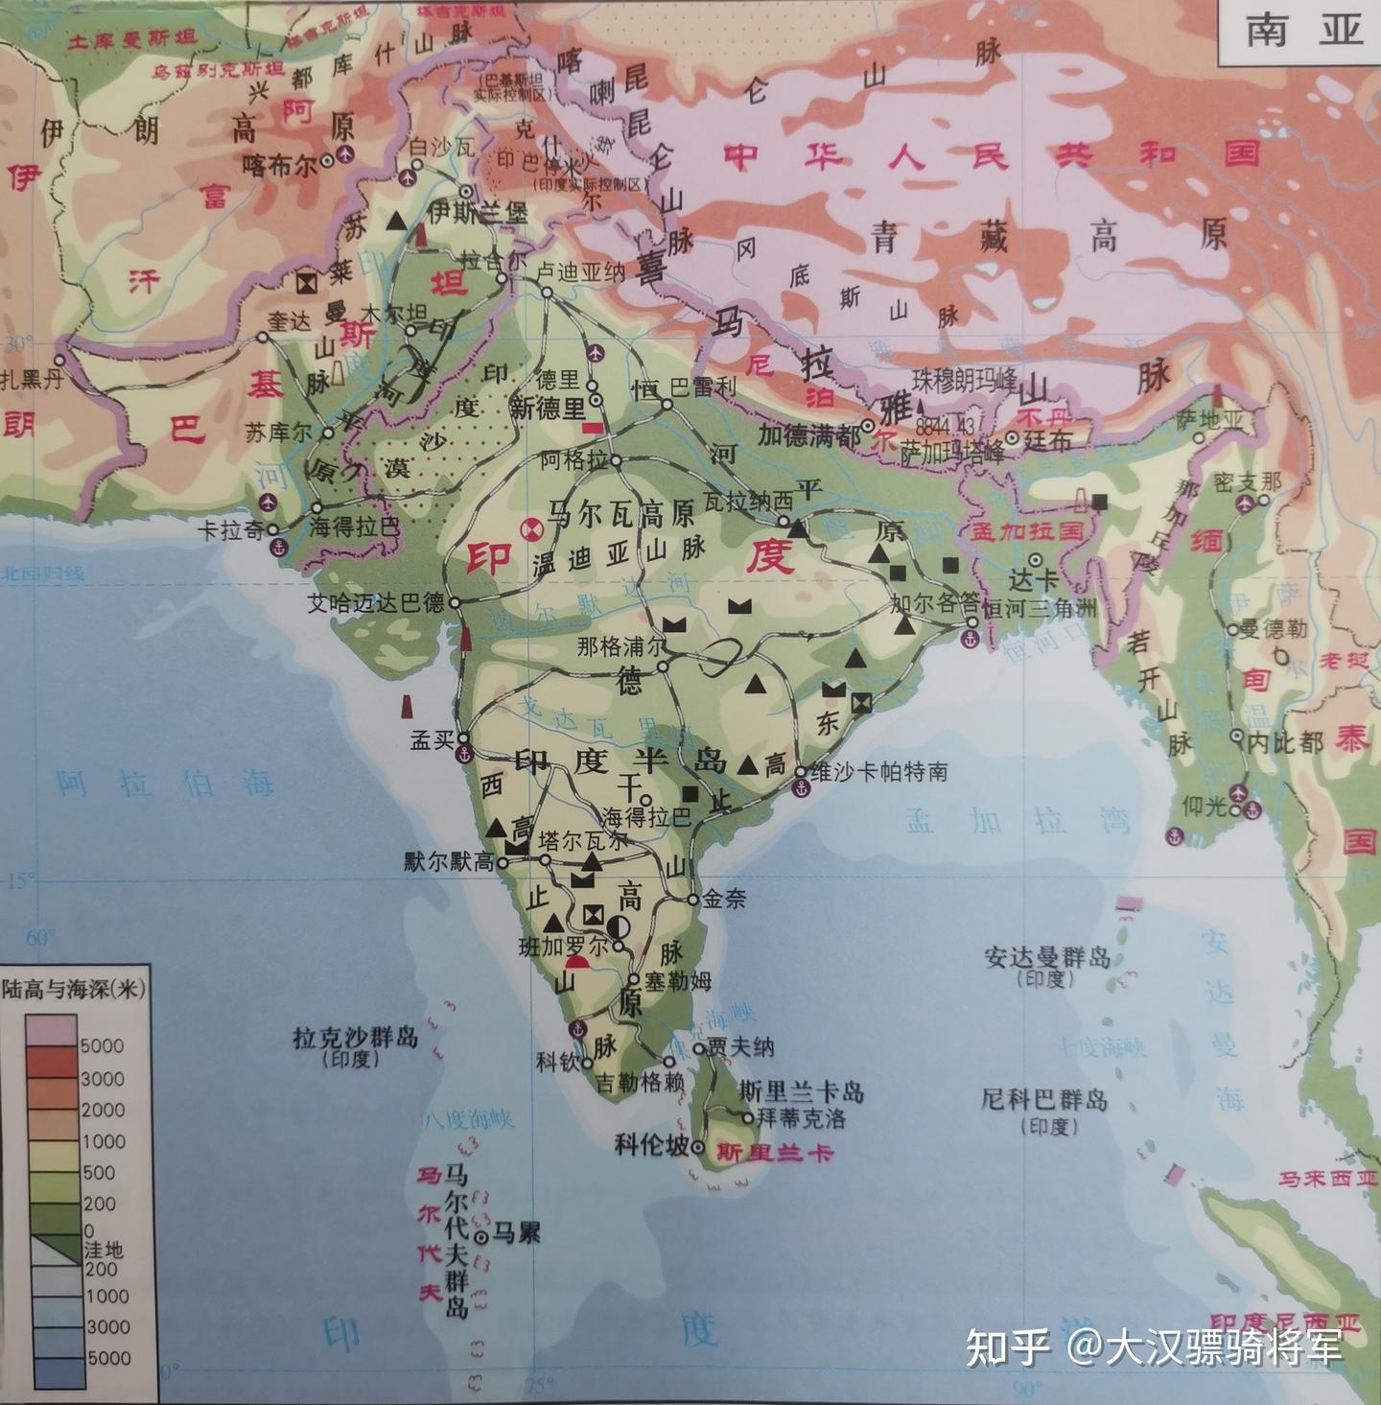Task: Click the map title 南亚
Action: [1304, 31]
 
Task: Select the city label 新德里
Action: [547, 409]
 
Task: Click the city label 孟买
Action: [431, 740]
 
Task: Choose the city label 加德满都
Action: [808, 436]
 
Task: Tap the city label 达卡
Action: [1032, 581]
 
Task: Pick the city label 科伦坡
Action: [652, 1144]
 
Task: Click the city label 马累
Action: [516, 1232]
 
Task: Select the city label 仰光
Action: [1205, 807]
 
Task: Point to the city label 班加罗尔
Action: [563, 946]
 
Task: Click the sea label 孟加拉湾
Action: [1018, 821]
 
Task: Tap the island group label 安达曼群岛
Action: [1047, 956]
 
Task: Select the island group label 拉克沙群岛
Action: [355, 1038]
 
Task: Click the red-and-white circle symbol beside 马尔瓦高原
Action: [528, 527]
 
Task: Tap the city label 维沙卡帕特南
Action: [879, 771]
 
